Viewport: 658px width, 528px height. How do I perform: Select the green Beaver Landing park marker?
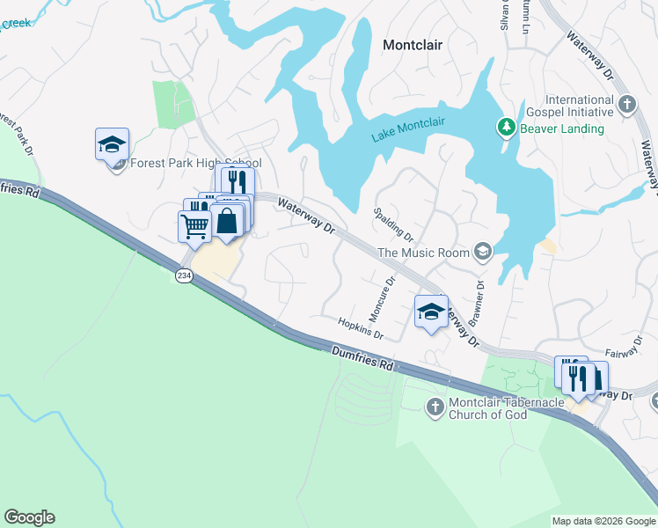(506, 128)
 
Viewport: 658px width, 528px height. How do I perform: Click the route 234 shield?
(183, 275)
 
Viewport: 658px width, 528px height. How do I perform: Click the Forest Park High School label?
(195, 163)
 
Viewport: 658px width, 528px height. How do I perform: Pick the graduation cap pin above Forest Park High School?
(113, 143)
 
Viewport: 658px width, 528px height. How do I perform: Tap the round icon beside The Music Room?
(481, 253)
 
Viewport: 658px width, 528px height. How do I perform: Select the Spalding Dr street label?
(393, 224)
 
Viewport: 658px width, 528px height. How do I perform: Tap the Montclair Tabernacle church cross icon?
(435, 407)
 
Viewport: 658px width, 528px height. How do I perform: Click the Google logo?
(29, 517)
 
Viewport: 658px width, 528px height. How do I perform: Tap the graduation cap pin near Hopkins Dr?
(431, 312)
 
